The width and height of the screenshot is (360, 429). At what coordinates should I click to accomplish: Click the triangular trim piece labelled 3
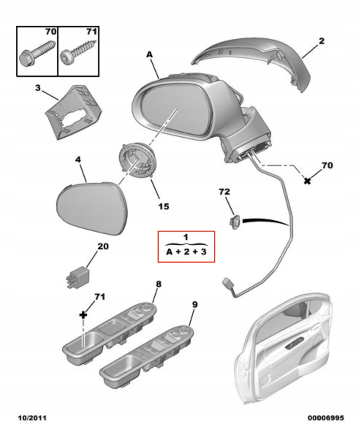pos(73,111)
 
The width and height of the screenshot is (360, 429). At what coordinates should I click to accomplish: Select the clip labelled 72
pos(235,221)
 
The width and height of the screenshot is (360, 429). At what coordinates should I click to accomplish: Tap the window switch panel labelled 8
pos(110,330)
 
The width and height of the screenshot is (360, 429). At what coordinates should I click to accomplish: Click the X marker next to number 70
pos(307,180)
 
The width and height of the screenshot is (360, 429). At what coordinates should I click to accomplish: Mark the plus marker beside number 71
pos(83,314)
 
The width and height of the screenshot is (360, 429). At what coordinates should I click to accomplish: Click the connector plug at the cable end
pos(228,283)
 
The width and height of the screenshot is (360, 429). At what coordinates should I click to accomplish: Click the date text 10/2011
pos(33,417)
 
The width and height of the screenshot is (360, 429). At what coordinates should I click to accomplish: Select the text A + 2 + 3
pos(186,252)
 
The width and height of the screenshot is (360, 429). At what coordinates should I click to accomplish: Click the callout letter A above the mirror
pos(149,55)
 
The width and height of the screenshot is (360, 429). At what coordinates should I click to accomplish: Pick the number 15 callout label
pos(163,206)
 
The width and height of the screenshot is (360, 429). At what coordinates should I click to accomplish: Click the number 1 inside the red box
pos(186,237)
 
